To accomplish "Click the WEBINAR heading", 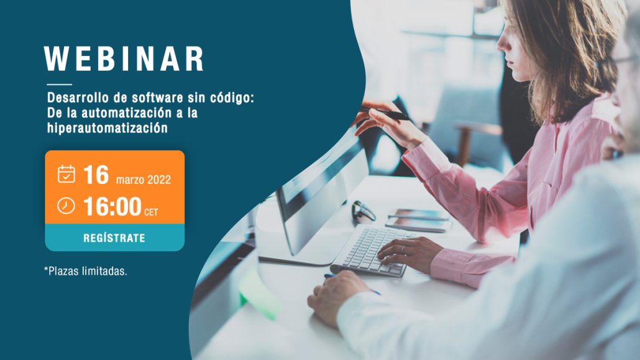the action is coord(124,59).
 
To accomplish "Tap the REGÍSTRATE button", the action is coord(115,238).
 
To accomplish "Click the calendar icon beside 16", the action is coord(66,174).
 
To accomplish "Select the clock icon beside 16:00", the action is coord(66,206).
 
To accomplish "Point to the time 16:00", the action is coord(112,206).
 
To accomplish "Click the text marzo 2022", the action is coord(144,180).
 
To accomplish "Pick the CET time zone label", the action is coord(151,213).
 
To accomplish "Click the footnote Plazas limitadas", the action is coord(86,271).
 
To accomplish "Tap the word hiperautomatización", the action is coord(107,128).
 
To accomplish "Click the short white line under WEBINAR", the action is coord(60,85).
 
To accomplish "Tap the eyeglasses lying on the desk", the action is coord(363,211).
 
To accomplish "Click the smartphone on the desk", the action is coord(418,220).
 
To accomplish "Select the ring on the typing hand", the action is coord(403,250).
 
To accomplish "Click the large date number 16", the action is coord(96,175).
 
